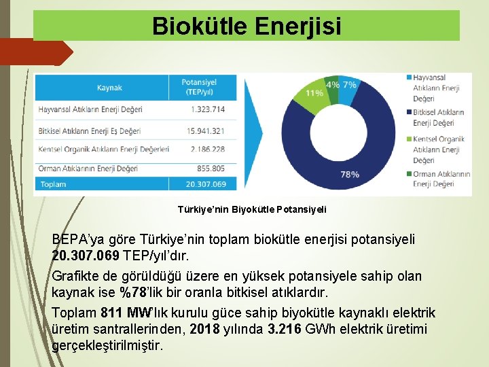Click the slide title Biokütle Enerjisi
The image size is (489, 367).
(x=247, y=26)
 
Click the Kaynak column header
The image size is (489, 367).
(x=109, y=88)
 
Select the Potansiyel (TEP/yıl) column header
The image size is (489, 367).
(x=202, y=87)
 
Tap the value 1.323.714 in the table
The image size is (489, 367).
(x=208, y=109)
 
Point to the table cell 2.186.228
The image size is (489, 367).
(x=209, y=149)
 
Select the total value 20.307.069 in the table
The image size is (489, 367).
(x=206, y=184)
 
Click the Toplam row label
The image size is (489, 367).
(x=54, y=184)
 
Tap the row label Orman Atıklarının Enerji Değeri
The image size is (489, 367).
(x=88, y=168)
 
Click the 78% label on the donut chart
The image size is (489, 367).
(x=350, y=175)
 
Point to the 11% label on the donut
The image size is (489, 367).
(x=314, y=92)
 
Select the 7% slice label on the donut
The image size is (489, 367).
(x=349, y=85)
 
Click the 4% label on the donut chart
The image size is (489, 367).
(x=333, y=85)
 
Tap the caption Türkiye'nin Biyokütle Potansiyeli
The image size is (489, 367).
(x=252, y=209)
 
